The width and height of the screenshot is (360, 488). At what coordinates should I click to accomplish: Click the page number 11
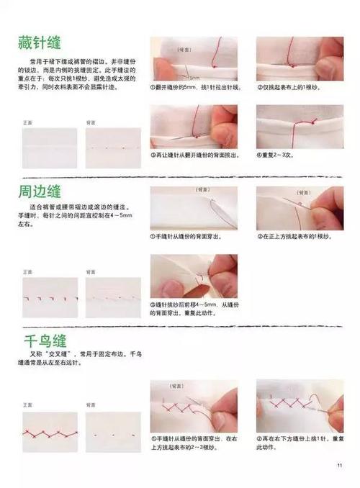(338, 466)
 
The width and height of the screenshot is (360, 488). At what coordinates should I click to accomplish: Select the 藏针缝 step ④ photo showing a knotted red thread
(300, 127)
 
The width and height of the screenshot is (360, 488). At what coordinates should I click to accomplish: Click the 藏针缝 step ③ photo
(194, 127)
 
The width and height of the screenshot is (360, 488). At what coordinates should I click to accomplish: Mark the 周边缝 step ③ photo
(194, 277)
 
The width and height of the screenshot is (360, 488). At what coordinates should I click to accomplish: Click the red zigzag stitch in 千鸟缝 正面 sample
(49, 434)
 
